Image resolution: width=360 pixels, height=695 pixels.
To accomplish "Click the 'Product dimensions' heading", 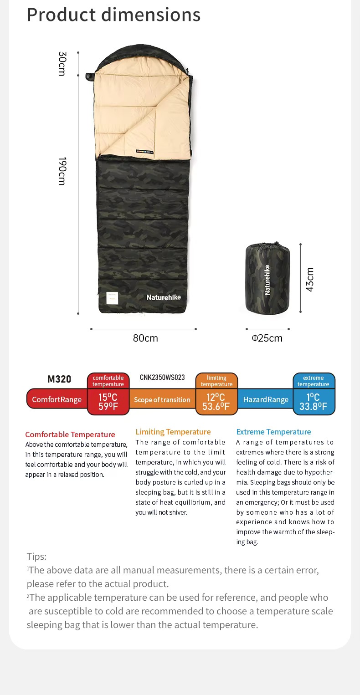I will pyautogui.click(x=113, y=15).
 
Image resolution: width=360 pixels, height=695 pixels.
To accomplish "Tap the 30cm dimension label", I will pyautogui.click(x=62, y=64).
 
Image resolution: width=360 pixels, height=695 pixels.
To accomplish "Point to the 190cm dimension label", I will pyautogui.click(x=62, y=171).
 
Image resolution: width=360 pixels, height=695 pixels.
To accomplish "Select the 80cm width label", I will pyautogui.click(x=145, y=338).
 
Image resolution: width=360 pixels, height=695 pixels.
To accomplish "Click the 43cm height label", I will pyautogui.click(x=310, y=279).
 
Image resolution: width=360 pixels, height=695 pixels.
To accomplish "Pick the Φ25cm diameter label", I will pyautogui.click(x=267, y=338).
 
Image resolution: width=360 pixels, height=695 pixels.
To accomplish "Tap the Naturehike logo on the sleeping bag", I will pyautogui.click(x=164, y=297).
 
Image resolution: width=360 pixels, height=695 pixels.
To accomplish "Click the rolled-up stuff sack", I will pyautogui.click(x=267, y=278).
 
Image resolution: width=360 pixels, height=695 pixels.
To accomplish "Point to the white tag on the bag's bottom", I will pyautogui.click(x=112, y=298).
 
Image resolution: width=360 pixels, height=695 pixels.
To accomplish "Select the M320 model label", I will pyautogui.click(x=59, y=379).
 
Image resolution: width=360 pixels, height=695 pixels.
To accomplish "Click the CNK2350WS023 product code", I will pyautogui.click(x=162, y=377).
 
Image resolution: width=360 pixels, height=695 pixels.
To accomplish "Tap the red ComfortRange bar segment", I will pyautogui.click(x=57, y=399).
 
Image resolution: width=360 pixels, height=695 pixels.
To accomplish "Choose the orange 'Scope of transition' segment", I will pyautogui.click(x=162, y=399).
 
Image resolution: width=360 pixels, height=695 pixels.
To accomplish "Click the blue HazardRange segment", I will pyautogui.click(x=266, y=399).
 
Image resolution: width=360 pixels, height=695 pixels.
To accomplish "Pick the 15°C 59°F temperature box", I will pyautogui.click(x=108, y=402).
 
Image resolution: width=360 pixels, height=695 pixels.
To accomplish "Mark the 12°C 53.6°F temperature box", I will pyautogui.click(x=216, y=402).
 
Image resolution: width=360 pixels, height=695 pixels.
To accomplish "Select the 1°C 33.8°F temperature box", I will pyautogui.click(x=314, y=402).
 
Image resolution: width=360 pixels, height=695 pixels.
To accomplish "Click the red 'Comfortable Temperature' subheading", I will pyautogui.click(x=70, y=434).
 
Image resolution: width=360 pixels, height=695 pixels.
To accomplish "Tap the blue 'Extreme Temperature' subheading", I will pyautogui.click(x=273, y=432).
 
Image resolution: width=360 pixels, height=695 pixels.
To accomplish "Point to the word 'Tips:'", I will pyautogui.click(x=36, y=556).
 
